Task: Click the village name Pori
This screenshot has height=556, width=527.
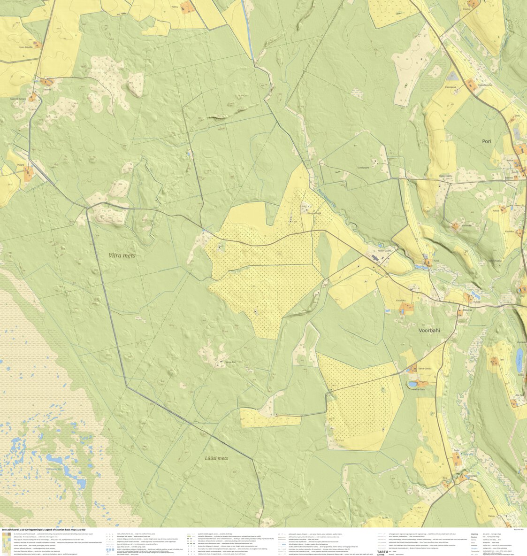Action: [486, 141]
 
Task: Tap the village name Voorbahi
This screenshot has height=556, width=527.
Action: [429, 331]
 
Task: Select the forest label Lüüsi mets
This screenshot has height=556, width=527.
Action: [216, 458]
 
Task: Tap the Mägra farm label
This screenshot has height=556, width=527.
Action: [21, 165]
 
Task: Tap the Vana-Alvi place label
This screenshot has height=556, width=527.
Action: [230, 362]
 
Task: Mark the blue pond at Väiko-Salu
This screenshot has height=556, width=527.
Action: [412, 384]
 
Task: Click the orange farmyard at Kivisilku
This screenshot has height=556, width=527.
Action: [406, 308]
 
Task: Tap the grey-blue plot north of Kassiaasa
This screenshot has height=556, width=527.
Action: [452, 76]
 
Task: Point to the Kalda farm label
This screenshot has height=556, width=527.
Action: [496, 211]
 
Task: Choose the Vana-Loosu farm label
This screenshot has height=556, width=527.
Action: [424, 369]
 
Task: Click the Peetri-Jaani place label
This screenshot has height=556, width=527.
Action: [388, 251]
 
